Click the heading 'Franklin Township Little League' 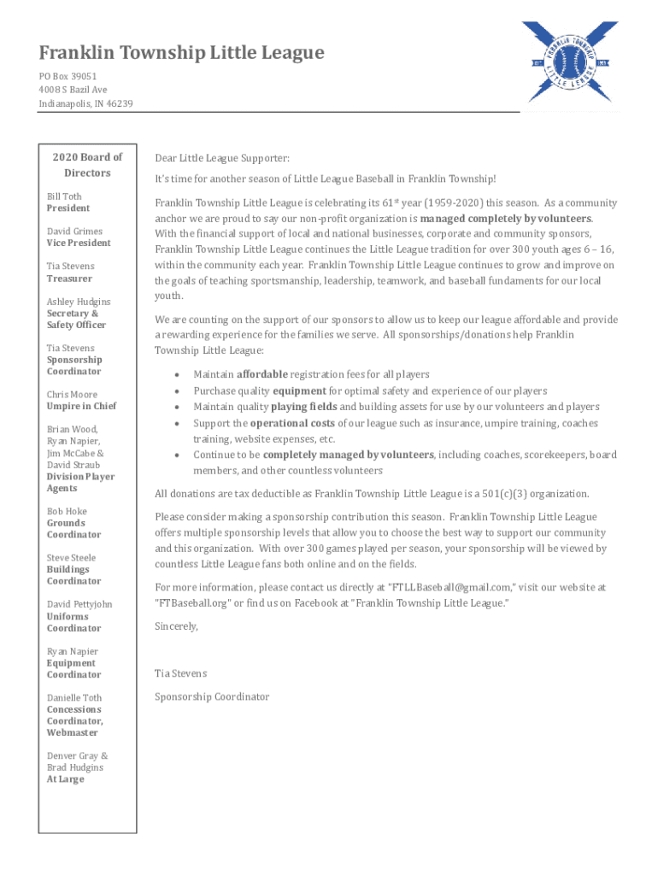[x=181, y=53]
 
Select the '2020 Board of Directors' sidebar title [x=87, y=165]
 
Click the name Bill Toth [x=64, y=197]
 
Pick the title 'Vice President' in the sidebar [x=79, y=244]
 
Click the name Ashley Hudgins [x=79, y=302]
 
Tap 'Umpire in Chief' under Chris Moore [x=81, y=407]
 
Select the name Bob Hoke [x=67, y=512]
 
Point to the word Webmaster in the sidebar [x=73, y=733]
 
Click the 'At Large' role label [x=65, y=779]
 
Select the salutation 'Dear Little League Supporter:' [x=222, y=158]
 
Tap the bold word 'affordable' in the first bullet [x=262, y=374]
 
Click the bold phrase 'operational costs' [x=292, y=423]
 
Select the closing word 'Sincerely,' [x=176, y=626]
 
